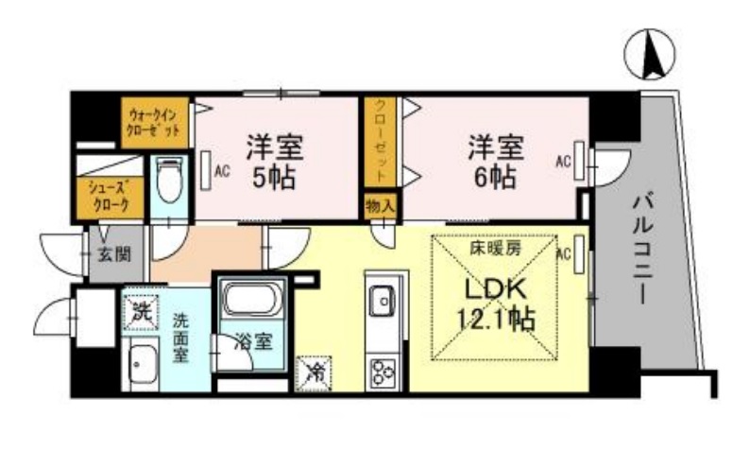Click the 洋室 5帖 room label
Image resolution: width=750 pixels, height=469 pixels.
click(275, 162)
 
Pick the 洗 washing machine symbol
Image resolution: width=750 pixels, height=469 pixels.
click(140, 309)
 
